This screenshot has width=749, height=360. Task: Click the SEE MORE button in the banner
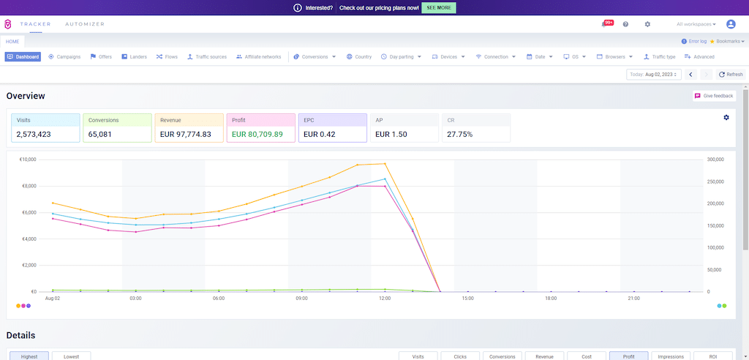point(438,7)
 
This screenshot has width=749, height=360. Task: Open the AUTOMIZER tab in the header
point(85,24)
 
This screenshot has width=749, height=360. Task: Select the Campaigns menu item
point(64,56)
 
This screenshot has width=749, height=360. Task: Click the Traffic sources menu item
point(207,56)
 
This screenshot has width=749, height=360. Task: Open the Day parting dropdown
point(401,56)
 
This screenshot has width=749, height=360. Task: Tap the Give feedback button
point(713,96)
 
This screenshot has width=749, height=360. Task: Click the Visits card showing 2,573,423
point(45,127)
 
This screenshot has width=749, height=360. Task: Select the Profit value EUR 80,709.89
point(257,135)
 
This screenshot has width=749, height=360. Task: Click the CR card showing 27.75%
point(475,127)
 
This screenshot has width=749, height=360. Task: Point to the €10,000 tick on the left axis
point(27,160)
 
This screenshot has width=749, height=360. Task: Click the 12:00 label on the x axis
point(385,299)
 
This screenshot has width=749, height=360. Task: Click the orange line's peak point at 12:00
point(385,164)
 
